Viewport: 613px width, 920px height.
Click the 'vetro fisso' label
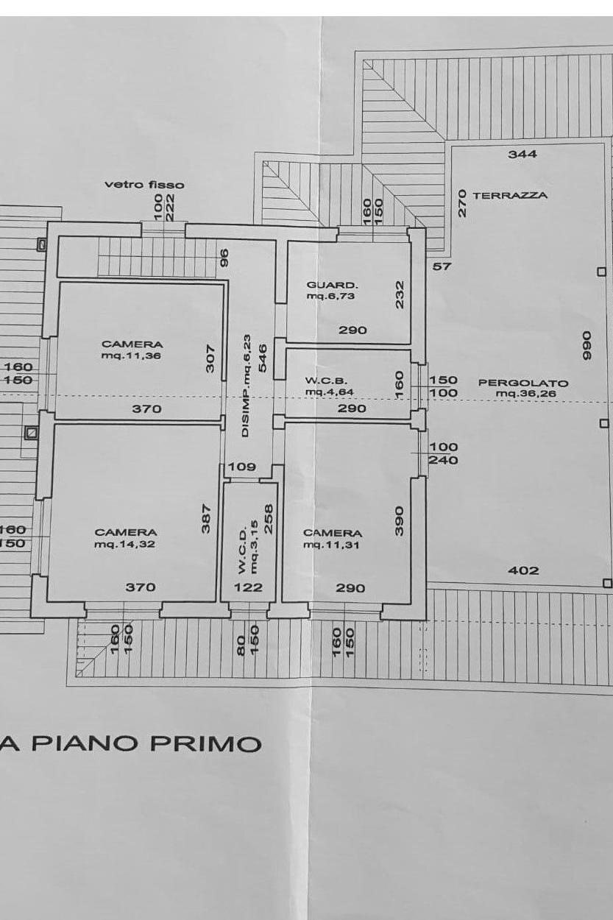(x=144, y=185)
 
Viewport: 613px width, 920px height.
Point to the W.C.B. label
(x=321, y=381)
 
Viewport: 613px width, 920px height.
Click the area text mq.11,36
(x=132, y=355)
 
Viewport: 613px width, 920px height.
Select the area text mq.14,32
(x=125, y=544)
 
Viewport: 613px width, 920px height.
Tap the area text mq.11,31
(x=333, y=545)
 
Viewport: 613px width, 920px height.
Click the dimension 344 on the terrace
(x=522, y=154)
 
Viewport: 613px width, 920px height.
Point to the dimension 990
(x=587, y=345)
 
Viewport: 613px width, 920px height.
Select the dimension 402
(x=523, y=570)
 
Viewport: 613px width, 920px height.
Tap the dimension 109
(x=241, y=466)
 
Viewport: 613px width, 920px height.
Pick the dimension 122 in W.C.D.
(x=248, y=587)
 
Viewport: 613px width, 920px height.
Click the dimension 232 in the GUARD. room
(x=400, y=294)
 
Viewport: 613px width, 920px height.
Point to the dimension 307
(x=210, y=358)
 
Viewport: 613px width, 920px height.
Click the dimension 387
(x=206, y=517)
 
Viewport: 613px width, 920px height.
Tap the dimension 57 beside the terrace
(x=442, y=266)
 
